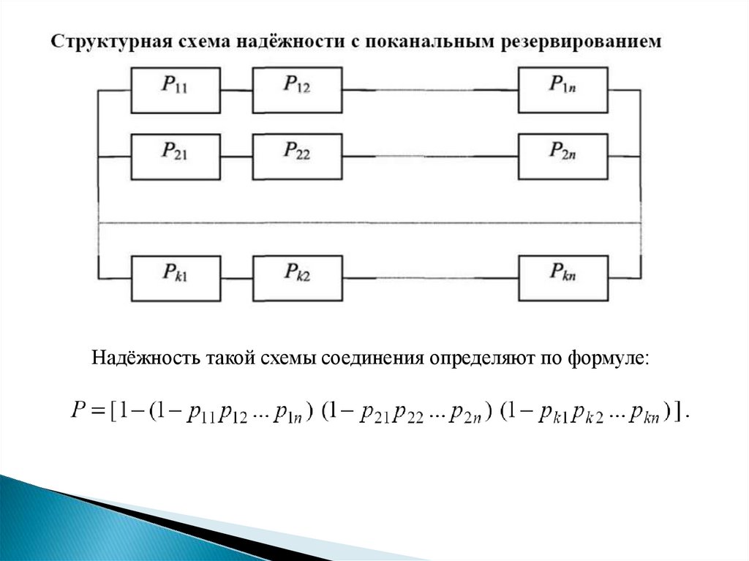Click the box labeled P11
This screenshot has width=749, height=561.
pyautogui.click(x=176, y=90)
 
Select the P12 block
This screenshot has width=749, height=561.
pyautogui.click(x=297, y=90)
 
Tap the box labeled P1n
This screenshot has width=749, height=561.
pyautogui.click(x=562, y=90)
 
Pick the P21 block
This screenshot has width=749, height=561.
pyautogui.click(x=176, y=156)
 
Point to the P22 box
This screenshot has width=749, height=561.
pyautogui.click(x=297, y=156)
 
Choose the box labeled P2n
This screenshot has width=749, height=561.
pyautogui.click(x=562, y=156)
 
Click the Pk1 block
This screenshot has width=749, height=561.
pyautogui.click(x=176, y=278)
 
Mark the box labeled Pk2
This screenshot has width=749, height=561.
pyautogui.click(x=297, y=278)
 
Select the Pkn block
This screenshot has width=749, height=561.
pyautogui.click(x=562, y=278)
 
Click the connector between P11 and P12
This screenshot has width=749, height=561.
pyautogui.click(x=236, y=91)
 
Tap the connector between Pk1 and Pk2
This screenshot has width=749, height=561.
pyautogui.click(x=236, y=279)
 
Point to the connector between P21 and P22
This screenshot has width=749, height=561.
pyautogui.click(x=236, y=157)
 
